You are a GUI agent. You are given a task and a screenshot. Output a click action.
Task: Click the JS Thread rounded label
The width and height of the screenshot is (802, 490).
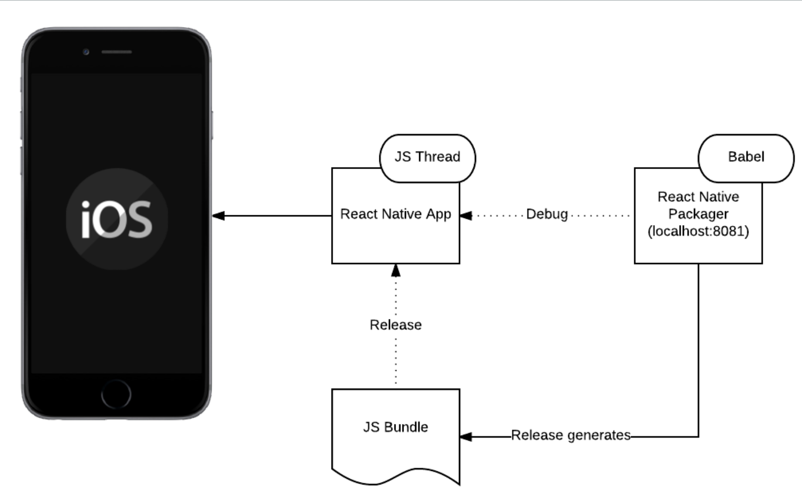[427, 157]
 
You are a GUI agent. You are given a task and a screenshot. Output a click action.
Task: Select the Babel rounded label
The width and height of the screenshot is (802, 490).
[746, 157]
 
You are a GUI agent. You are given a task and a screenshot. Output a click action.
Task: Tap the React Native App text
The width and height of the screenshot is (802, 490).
[395, 214]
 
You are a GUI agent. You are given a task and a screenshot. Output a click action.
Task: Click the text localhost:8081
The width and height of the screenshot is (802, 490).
[698, 231]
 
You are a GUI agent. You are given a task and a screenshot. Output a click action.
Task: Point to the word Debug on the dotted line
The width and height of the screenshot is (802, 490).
[547, 215]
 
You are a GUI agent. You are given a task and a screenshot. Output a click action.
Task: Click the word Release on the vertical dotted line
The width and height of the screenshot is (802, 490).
[395, 325]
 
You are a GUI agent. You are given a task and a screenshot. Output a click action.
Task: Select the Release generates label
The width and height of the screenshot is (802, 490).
[571, 435]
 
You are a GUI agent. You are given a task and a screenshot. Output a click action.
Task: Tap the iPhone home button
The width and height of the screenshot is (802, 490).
[116, 394]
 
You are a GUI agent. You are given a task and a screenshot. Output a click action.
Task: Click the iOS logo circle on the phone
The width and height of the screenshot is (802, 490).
[117, 219]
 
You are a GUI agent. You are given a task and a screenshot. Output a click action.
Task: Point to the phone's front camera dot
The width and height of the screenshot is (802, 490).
[86, 52]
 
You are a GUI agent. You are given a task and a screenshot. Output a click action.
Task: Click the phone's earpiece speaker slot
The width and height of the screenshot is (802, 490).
[116, 52]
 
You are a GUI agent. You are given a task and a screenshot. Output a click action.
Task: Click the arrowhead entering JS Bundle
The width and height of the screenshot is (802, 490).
[466, 436]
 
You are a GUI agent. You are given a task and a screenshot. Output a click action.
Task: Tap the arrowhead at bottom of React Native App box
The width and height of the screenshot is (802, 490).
[396, 271]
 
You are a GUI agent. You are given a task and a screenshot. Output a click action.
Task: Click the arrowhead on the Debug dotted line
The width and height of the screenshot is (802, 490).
[466, 216]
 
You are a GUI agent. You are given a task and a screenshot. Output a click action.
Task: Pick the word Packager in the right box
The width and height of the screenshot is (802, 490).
[698, 214]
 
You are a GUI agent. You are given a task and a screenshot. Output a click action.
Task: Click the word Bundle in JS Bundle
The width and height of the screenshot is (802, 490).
[406, 427]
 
